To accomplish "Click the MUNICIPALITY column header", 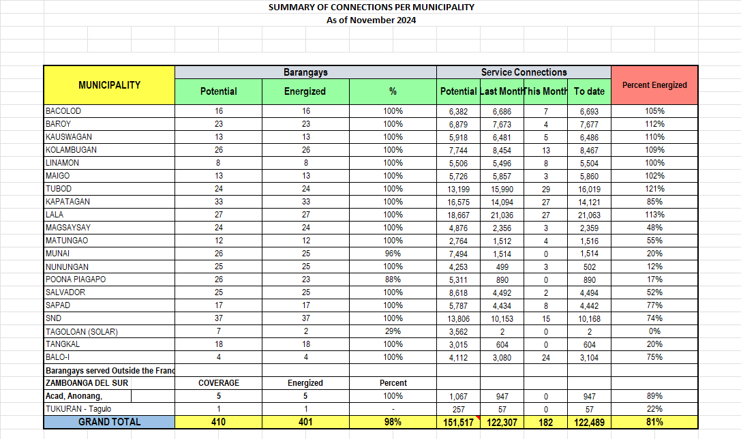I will click(109, 85).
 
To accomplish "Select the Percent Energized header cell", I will click(654, 85).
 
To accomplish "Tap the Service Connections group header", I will click(524, 72).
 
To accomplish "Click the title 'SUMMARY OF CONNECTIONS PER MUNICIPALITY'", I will click(371, 7).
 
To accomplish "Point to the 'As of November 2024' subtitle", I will click(371, 20).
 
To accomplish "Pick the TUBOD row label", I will click(59, 189).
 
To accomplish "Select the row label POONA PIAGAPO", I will click(76, 279).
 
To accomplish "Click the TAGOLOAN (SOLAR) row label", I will click(82, 332).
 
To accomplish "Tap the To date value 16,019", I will click(589, 189).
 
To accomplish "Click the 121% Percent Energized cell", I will click(654, 189).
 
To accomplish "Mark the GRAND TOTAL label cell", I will click(109, 422).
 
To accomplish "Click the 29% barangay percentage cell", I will click(393, 332).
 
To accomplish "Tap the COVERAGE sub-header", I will click(218, 383).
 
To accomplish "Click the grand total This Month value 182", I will click(545, 422).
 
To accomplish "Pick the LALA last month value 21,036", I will click(501, 215).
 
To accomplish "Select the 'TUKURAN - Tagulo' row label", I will click(78, 409).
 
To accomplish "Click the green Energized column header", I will click(305, 91).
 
